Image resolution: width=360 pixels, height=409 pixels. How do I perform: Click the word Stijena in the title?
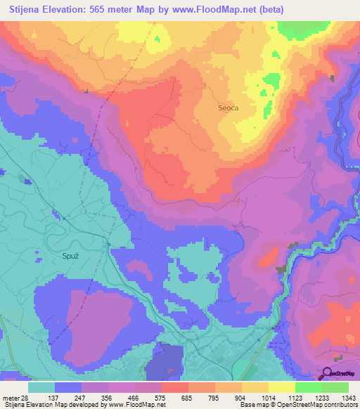(x=25, y=10)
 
